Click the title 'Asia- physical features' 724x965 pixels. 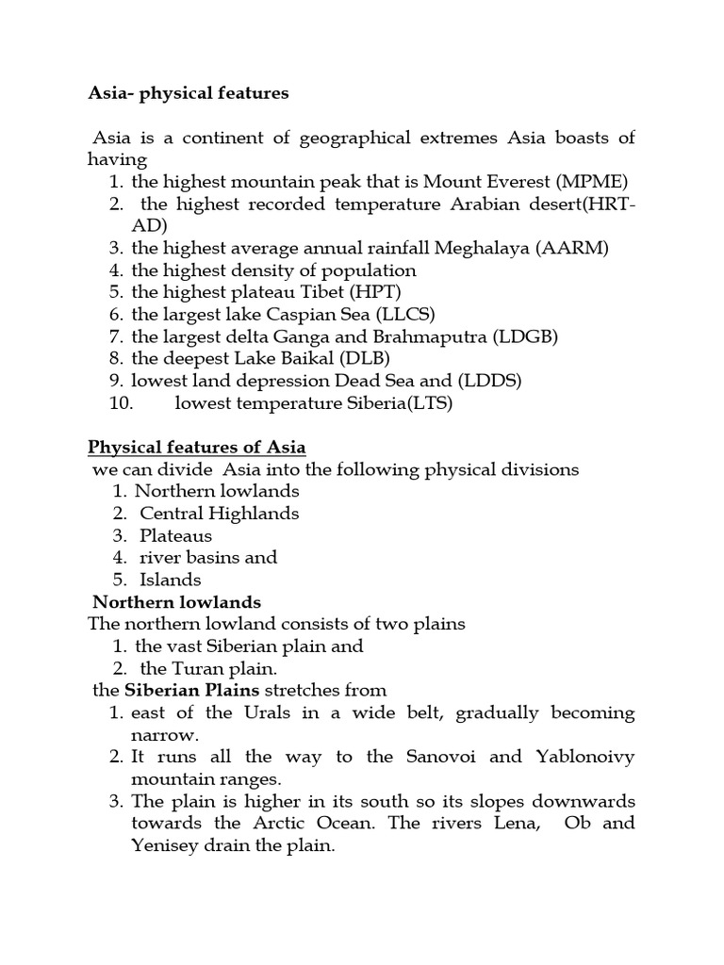(x=189, y=93)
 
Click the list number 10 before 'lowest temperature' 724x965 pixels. (x=123, y=403)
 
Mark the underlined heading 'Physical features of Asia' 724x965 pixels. (x=196, y=447)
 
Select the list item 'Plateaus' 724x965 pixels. (x=176, y=535)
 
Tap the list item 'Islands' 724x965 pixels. (x=171, y=580)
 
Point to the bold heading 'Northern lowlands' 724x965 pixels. (x=176, y=601)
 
